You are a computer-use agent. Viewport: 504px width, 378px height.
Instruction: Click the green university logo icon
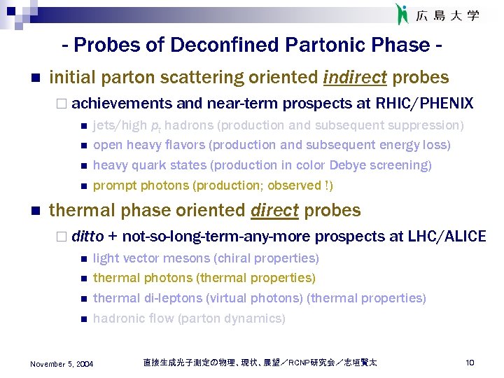click(x=402, y=14)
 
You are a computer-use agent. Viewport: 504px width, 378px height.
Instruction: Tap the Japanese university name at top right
click(x=448, y=15)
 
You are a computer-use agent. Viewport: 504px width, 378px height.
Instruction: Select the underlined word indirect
click(x=356, y=78)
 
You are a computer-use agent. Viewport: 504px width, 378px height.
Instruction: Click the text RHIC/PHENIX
click(x=424, y=104)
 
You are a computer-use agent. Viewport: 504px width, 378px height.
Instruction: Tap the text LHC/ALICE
click(x=447, y=236)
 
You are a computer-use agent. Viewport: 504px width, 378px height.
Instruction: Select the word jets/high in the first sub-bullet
click(x=120, y=125)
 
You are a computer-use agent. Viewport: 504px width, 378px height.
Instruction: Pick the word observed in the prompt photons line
click(x=292, y=185)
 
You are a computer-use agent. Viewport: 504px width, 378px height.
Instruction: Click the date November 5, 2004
click(x=62, y=363)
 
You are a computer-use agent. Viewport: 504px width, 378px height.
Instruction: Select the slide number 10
click(x=470, y=363)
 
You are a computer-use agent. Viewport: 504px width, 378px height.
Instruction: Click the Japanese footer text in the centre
click(x=260, y=363)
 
